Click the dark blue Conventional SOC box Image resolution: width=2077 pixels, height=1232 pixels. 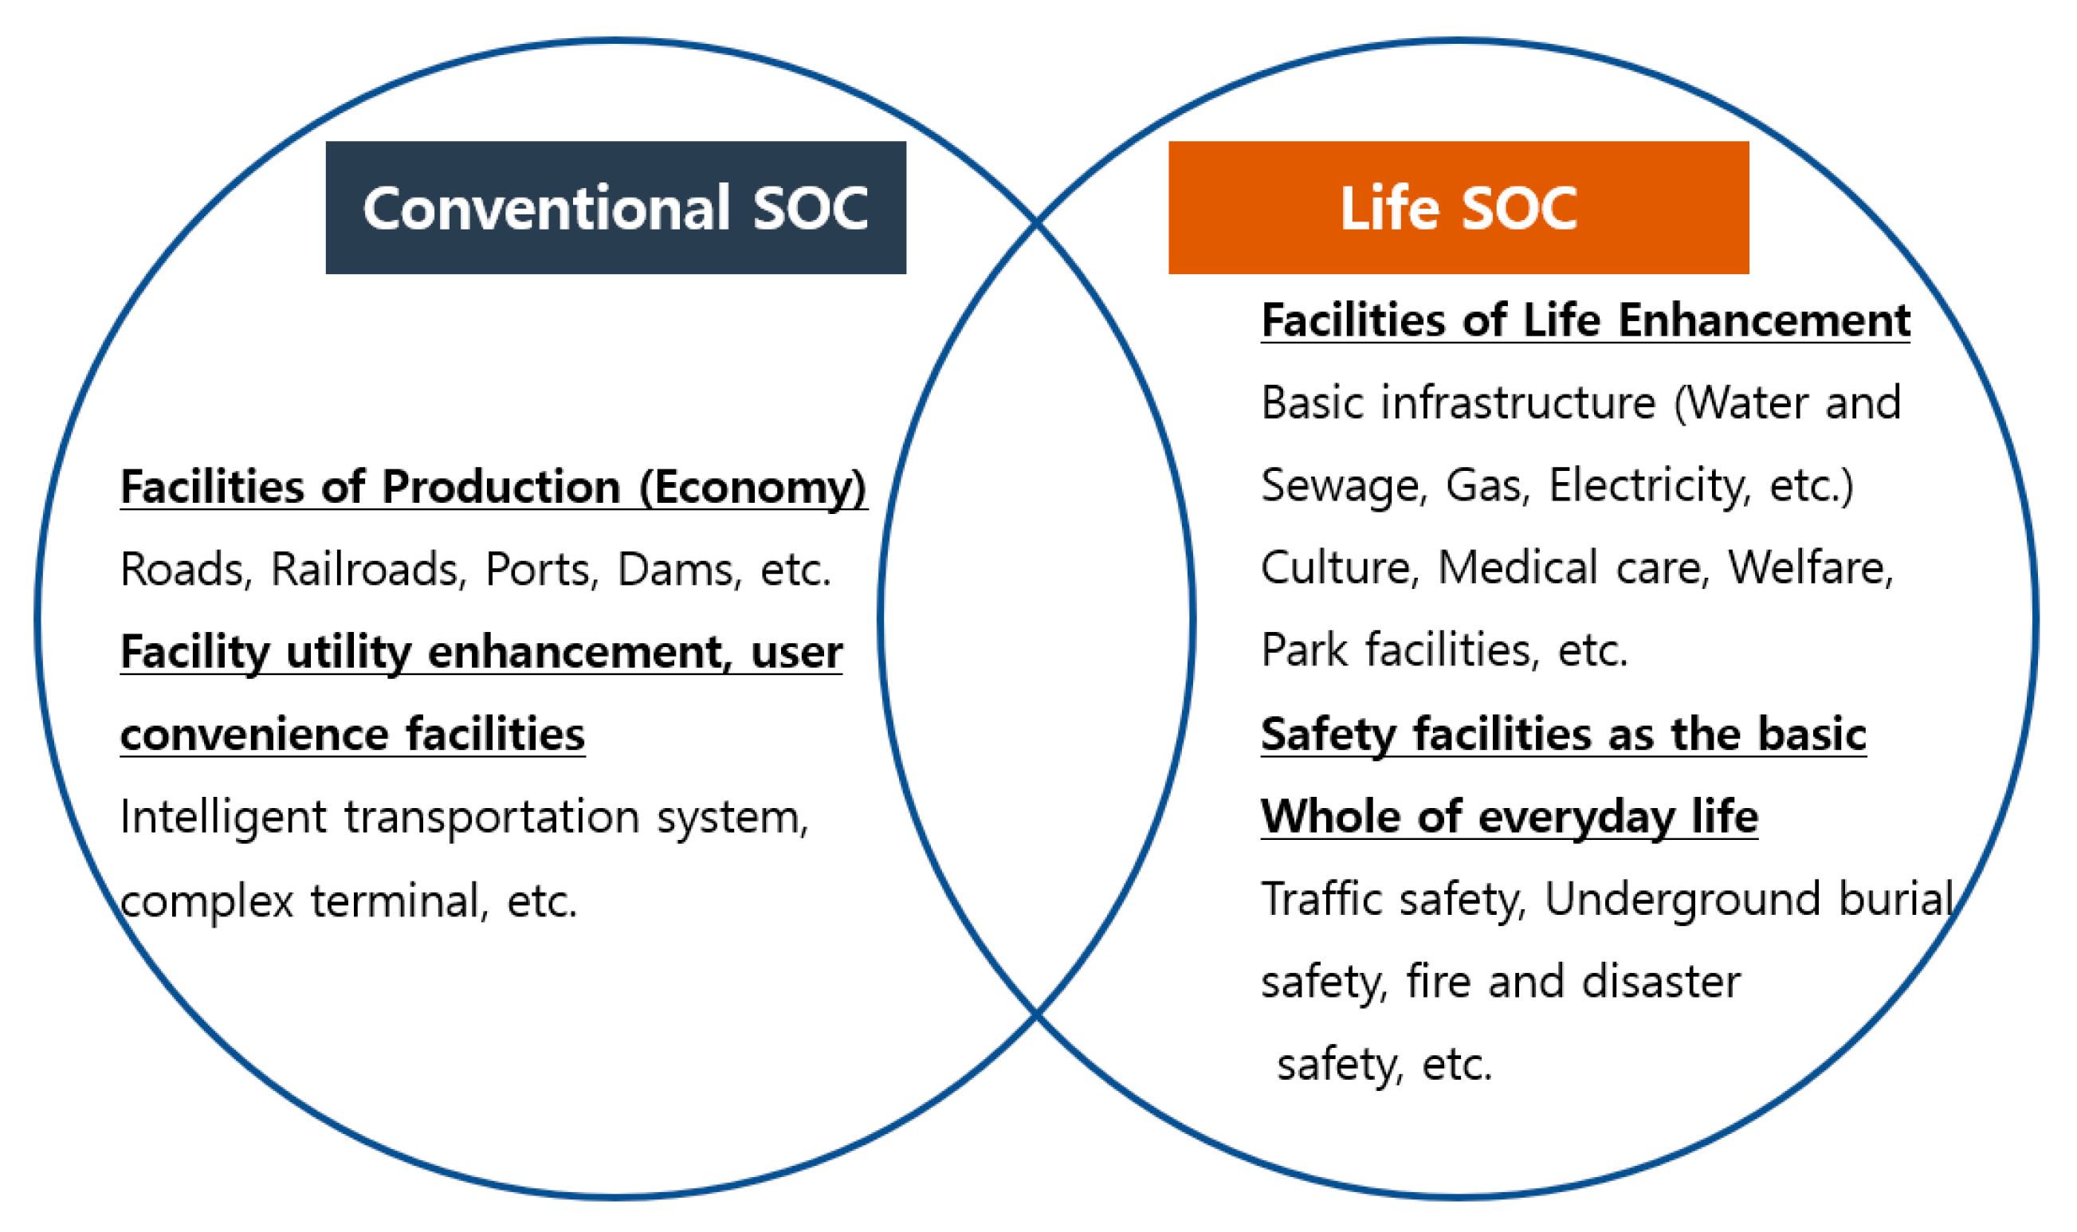tap(615, 207)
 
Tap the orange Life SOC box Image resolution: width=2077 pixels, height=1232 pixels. tap(1459, 207)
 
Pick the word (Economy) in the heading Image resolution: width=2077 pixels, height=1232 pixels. tap(753, 488)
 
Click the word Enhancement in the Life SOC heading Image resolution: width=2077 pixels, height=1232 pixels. tap(1764, 320)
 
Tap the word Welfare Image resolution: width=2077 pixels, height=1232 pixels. tap(1811, 569)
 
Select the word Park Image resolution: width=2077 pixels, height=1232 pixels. tap(1305, 650)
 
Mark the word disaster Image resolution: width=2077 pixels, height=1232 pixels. tap(1661, 982)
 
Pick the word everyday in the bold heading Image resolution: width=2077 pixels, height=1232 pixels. tap(1576, 818)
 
